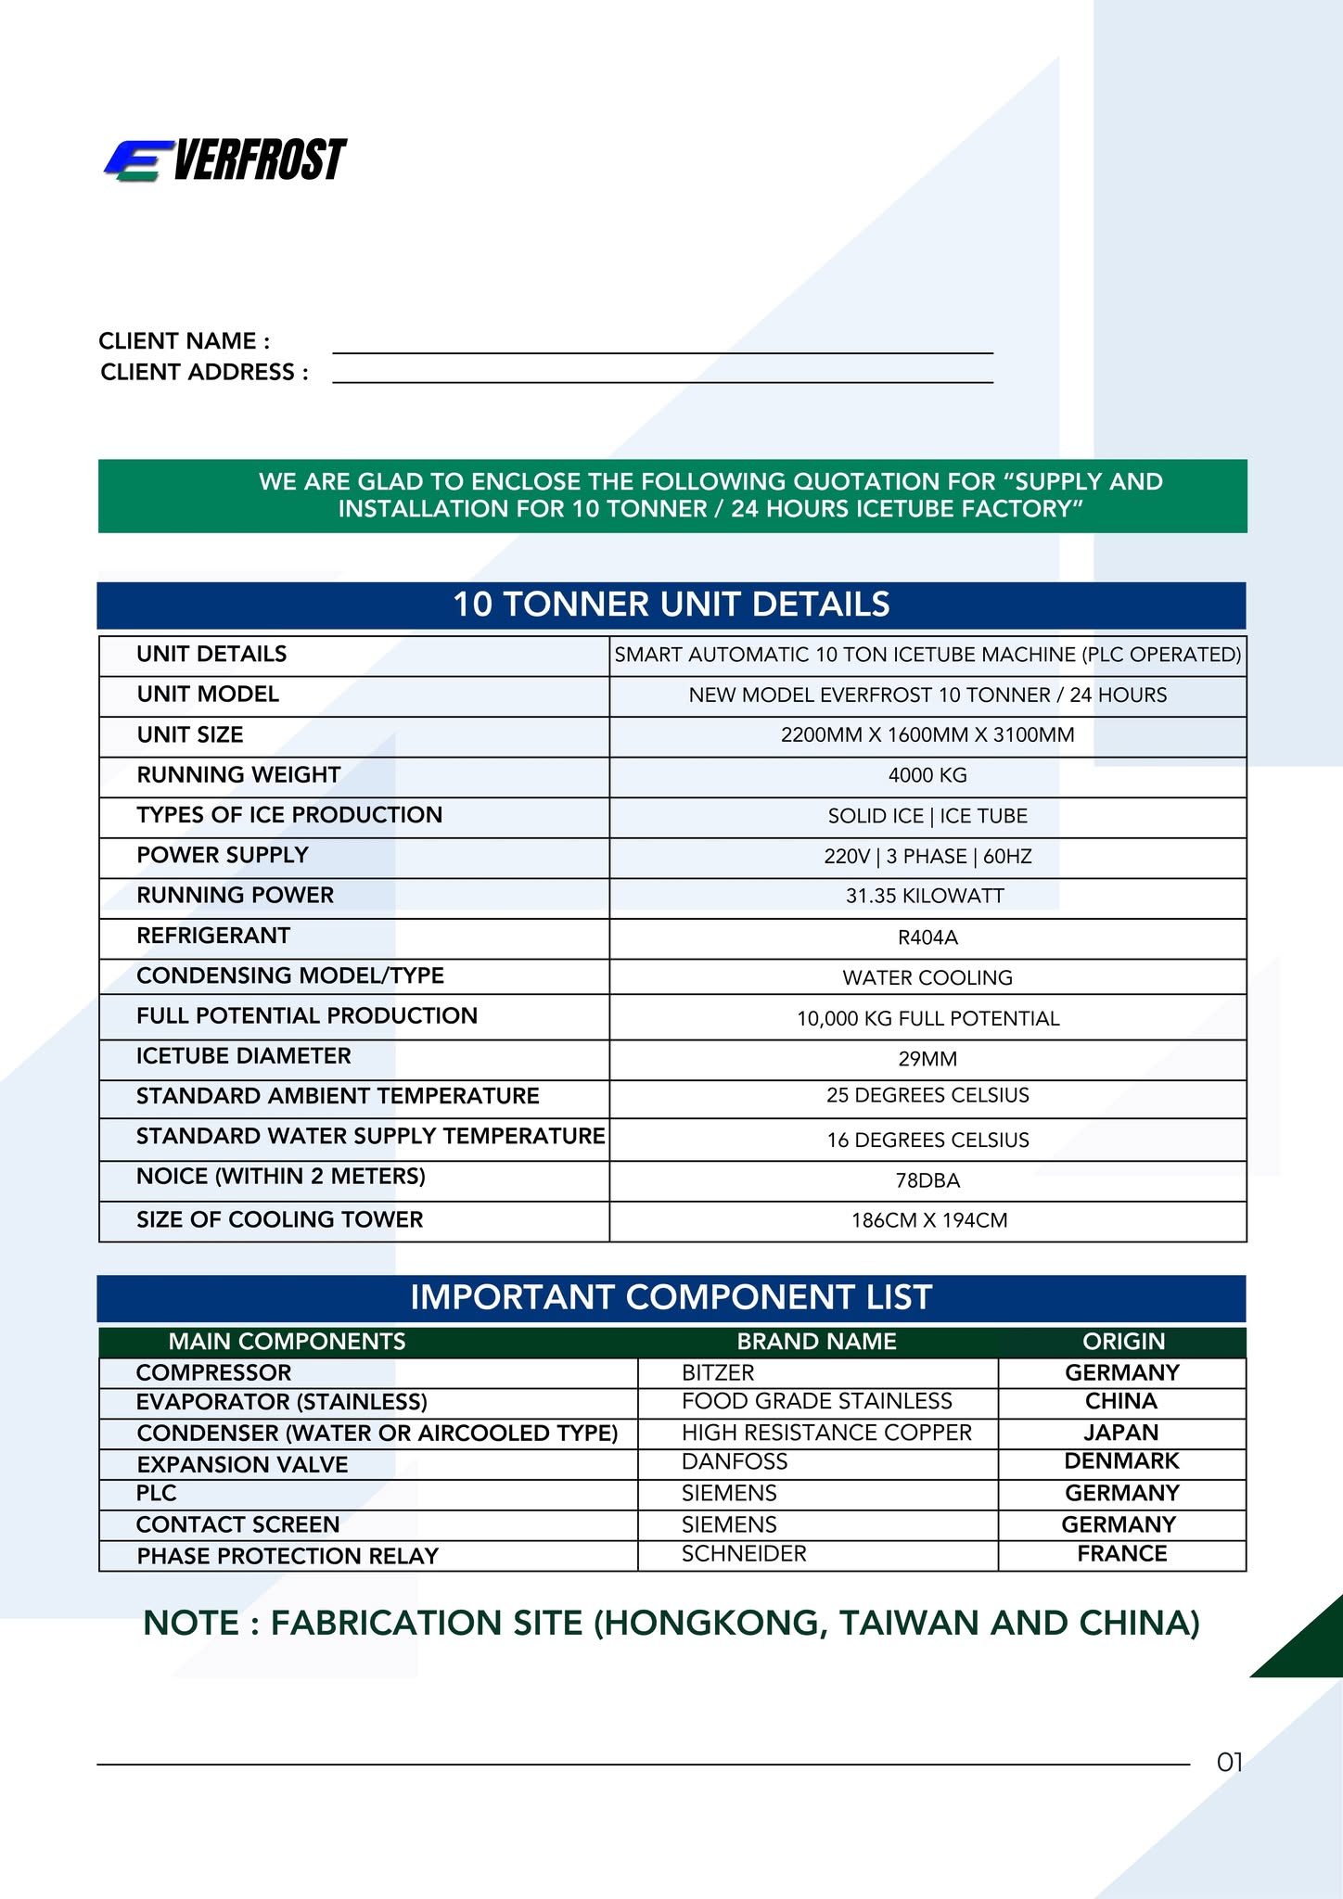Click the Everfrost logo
click(225, 160)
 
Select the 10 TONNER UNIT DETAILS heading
click(671, 605)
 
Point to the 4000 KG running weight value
click(927, 775)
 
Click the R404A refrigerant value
click(927, 937)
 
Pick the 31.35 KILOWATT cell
click(927, 896)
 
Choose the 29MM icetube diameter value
click(927, 1059)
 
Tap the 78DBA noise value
click(927, 1180)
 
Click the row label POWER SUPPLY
click(223, 855)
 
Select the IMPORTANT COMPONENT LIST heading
click(671, 1297)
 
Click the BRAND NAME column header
click(816, 1342)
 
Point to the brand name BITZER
click(718, 1372)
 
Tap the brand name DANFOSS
click(735, 1462)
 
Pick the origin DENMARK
click(1121, 1461)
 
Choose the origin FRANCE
click(1121, 1553)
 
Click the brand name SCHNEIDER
click(744, 1553)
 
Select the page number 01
click(1229, 1763)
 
